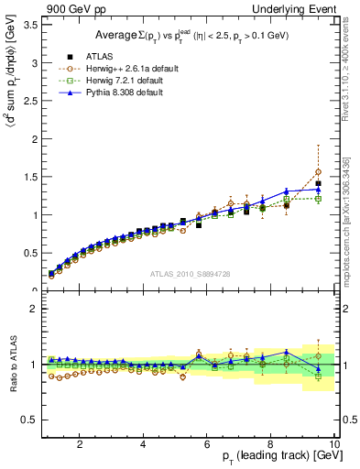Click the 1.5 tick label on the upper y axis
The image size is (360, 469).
pos(31,178)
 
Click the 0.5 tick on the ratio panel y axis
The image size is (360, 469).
pos(31,420)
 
